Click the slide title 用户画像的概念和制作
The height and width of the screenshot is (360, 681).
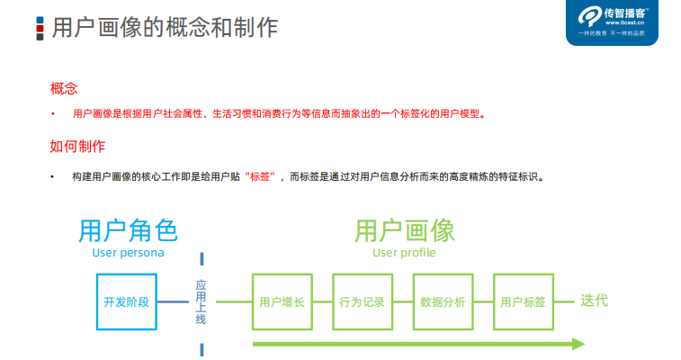[165, 26]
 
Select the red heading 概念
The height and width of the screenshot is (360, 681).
[64, 88]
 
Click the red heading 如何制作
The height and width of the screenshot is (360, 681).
[77, 146]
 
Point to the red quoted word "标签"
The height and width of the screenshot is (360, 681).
[264, 176]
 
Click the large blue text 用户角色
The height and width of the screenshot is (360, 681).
[128, 230]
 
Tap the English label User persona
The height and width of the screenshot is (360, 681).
[128, 253]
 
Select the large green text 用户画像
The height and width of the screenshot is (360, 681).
[404, 230]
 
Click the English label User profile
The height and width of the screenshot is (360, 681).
[404, 253]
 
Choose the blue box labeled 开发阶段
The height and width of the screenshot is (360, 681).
[128, 301]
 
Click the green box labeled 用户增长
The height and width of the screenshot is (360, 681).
[282, 301]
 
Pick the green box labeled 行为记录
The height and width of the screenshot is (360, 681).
[362, 301]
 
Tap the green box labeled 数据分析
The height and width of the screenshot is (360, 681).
[443, 301]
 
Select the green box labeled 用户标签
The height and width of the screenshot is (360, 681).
[523, 301]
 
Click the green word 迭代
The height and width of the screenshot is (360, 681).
[594, 301]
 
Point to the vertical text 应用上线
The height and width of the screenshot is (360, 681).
[201, 301]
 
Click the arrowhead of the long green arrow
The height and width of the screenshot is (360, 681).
[578, 344]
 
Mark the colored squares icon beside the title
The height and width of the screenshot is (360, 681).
[40, 27]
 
